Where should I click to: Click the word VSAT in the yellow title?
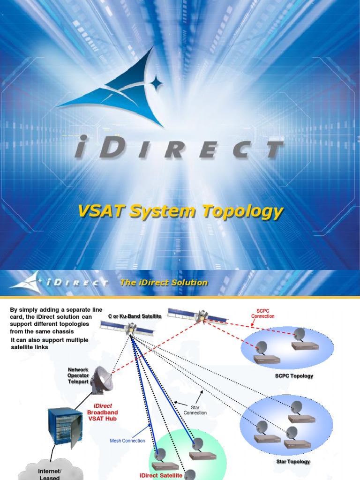coord(102,212)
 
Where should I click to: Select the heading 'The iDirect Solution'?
coord(164,283)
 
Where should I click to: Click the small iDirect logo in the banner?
coord(59,282)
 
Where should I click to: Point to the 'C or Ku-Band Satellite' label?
coord(135,316)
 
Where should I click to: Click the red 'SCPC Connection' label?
coord(262,313)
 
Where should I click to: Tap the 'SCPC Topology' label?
coord(294,376)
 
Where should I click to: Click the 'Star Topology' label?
coord(293,462)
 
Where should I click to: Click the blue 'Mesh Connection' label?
coord(127,441)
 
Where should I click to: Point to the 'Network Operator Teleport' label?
coord(78,376)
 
